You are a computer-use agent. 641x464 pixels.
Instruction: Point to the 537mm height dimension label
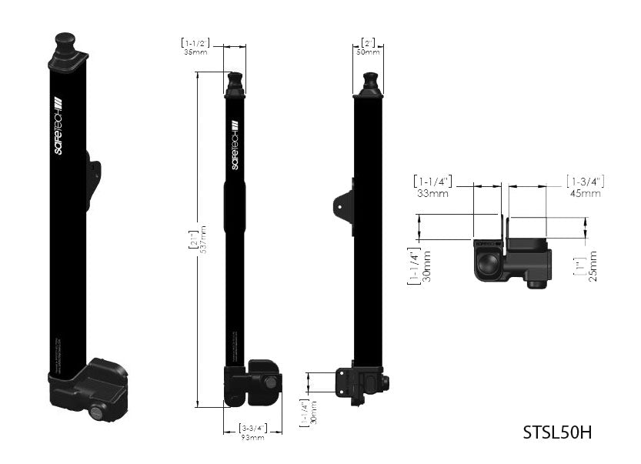[x=203, y=239]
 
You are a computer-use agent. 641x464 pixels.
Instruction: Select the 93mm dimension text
[x=252, y=437]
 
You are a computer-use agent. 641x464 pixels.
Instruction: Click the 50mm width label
[x=368, y=52]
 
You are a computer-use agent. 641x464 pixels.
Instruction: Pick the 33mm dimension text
[x=433, y=193]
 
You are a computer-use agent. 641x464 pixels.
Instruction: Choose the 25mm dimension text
[x=593, y=265]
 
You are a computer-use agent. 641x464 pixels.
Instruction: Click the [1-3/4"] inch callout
[x=585, y=181]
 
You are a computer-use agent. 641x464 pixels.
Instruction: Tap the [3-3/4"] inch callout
[x=253, y=428]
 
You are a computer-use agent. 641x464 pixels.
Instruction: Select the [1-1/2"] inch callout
[x=195, y=42]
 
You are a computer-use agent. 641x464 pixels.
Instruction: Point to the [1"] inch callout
[x=579, y=265]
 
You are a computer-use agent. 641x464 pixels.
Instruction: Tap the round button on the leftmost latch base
[x=97, y=412]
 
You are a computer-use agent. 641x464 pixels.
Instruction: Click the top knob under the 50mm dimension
[x=369, y=81]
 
